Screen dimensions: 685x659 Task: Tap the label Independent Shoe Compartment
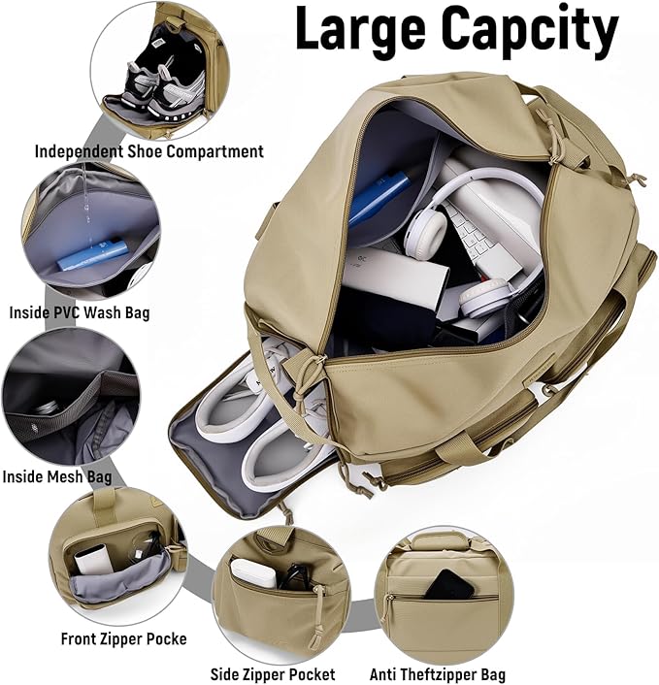pyautogui.click(x=148, y=151)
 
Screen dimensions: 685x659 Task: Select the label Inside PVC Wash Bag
pyautogui.click(x=79, y=312)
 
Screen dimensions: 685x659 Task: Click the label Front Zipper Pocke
pyautogui.click(x=123, y=638)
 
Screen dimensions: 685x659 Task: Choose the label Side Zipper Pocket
pyautogui.click(x=273, y=673)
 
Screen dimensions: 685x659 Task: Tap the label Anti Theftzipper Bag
pyautogui.click(x=437, y=673)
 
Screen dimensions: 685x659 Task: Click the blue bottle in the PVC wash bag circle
pyautogui.click(x=92, y=255)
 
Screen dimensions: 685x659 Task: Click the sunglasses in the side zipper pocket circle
pyautogui.click(x=293, y=576)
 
